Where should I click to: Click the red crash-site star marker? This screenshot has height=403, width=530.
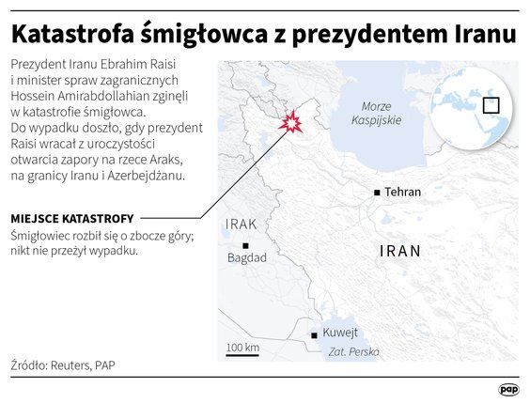293,123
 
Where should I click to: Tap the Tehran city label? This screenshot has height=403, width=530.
403,193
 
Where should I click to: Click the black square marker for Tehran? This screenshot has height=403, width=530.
377,193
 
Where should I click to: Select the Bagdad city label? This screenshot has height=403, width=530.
247,257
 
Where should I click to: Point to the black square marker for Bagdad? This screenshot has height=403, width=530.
245,244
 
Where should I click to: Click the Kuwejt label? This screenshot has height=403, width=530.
340,333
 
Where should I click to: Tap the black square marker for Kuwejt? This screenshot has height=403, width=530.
314,334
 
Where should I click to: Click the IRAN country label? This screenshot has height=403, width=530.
400,251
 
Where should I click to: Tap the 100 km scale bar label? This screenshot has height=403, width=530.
242,348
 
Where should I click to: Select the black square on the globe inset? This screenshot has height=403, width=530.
491,104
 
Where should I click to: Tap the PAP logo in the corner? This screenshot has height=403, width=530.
508,388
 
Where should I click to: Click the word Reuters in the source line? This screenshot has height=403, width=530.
70,364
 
